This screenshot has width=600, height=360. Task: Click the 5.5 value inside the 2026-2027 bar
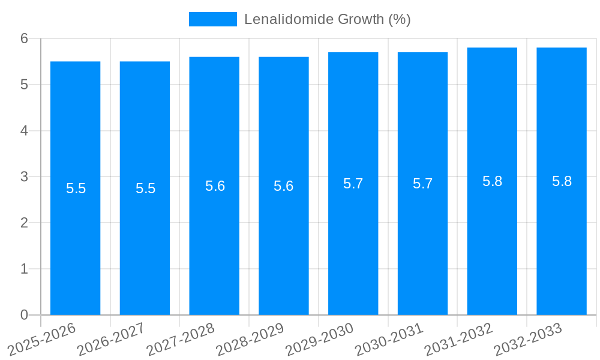145,188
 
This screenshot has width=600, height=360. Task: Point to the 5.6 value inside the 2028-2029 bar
284,186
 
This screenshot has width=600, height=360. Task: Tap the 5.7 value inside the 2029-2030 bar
353,184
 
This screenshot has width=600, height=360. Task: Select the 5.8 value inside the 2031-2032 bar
492,181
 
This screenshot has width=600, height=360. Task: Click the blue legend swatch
212,19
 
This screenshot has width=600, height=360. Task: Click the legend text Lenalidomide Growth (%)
327,19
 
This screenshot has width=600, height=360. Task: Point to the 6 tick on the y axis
24,38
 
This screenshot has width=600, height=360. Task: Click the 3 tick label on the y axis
24,177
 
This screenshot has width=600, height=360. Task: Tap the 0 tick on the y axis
24,315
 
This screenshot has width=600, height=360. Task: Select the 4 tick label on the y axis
24,131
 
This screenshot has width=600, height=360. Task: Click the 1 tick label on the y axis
24,269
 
